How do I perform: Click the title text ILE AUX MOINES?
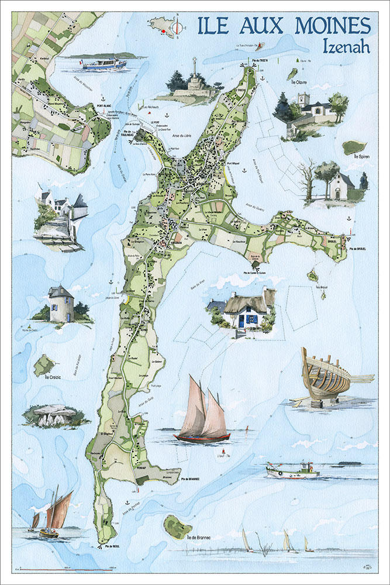(284, 26)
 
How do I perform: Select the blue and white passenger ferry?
(104, 63)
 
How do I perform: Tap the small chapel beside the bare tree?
(339, 187)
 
